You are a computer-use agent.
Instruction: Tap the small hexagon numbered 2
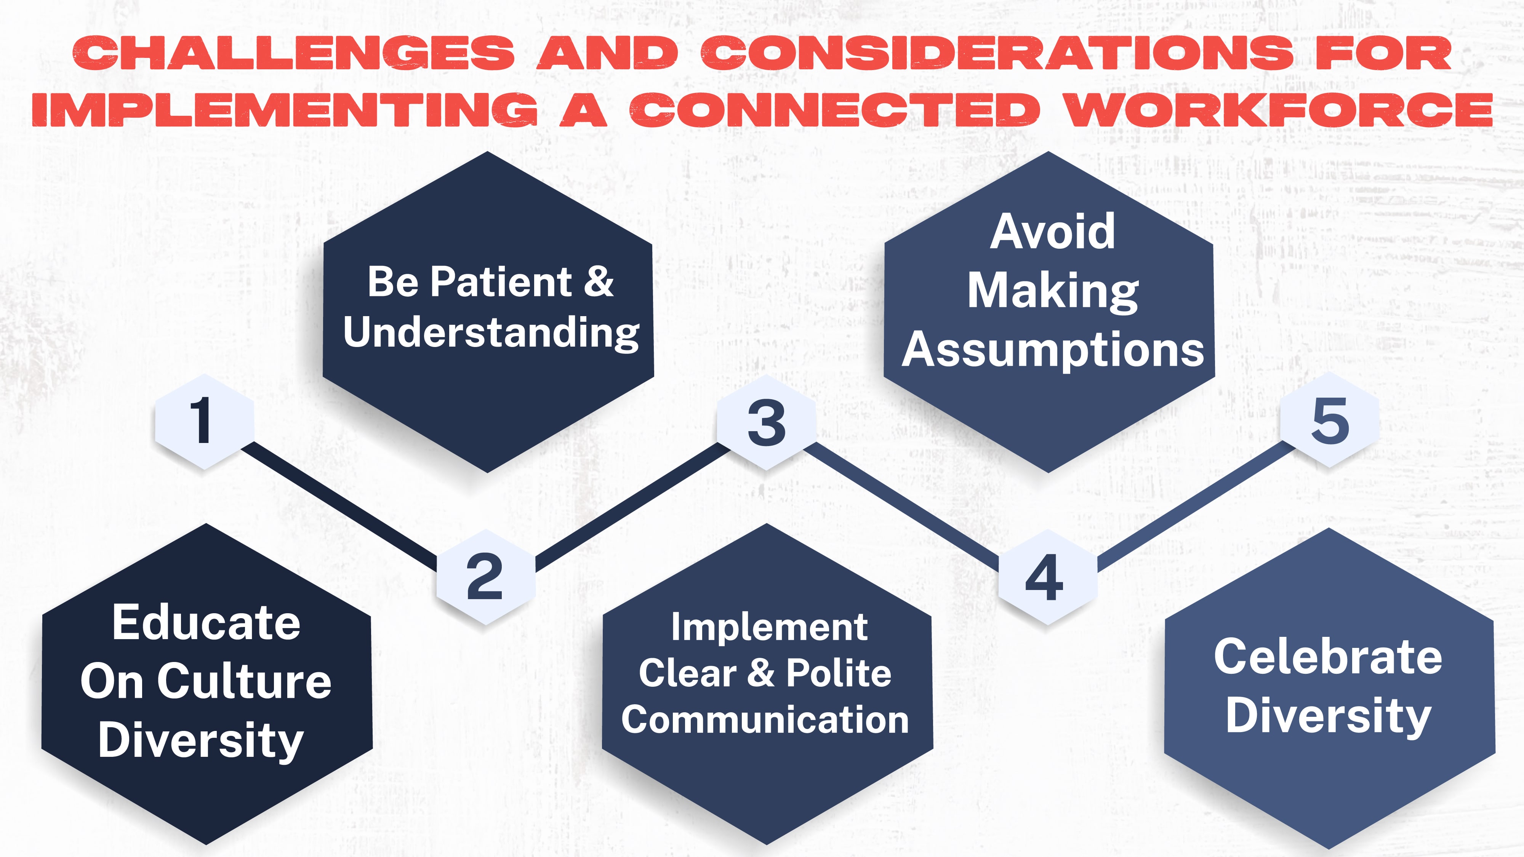click(485, 577)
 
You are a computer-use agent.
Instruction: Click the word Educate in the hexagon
click(207, 622)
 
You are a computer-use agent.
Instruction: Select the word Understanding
click(491, 333)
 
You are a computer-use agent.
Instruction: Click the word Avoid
click(1052, 232)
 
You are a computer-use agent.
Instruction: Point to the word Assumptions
click(1052, 350)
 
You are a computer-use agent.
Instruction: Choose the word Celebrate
click(1328, 657)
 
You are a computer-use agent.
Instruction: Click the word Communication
click(765, 720)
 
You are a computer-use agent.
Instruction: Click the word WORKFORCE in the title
click(1278, 110)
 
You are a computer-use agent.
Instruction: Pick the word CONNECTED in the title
click(834, 110)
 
